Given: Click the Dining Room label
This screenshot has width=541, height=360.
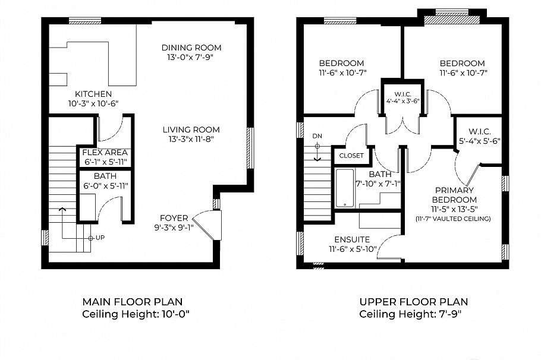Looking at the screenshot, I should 191,48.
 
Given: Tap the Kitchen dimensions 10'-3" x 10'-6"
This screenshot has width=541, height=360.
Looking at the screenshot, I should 94,103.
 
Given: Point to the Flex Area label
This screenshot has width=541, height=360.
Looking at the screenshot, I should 105,152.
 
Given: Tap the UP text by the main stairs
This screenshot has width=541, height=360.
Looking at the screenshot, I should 100,238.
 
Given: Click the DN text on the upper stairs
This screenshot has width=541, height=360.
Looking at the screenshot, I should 317,136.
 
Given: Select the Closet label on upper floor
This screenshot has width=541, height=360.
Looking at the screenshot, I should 351,156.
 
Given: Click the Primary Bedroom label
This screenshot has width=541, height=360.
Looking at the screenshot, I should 454,195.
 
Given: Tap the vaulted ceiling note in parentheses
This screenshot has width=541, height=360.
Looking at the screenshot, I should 454,219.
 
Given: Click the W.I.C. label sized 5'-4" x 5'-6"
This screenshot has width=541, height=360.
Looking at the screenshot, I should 480,132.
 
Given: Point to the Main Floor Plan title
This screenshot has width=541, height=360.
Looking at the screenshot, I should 132,302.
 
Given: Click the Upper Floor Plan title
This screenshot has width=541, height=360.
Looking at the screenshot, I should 413,302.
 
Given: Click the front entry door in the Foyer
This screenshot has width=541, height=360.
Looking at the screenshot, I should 208,225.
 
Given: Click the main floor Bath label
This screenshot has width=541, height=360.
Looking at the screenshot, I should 105,176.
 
